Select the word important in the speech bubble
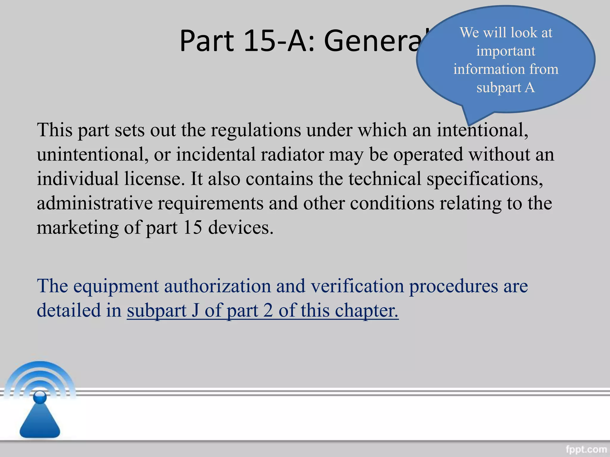coord(505,51)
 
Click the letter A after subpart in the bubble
coord(530,88)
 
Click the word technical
coord(385,179)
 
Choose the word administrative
coord(95,203)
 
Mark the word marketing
coord(77,228)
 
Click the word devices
coord(240,228)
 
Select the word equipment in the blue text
coord(116,286)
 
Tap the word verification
coord(357,286)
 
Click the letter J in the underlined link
coord(195,311)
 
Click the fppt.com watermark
coord(586,449)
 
